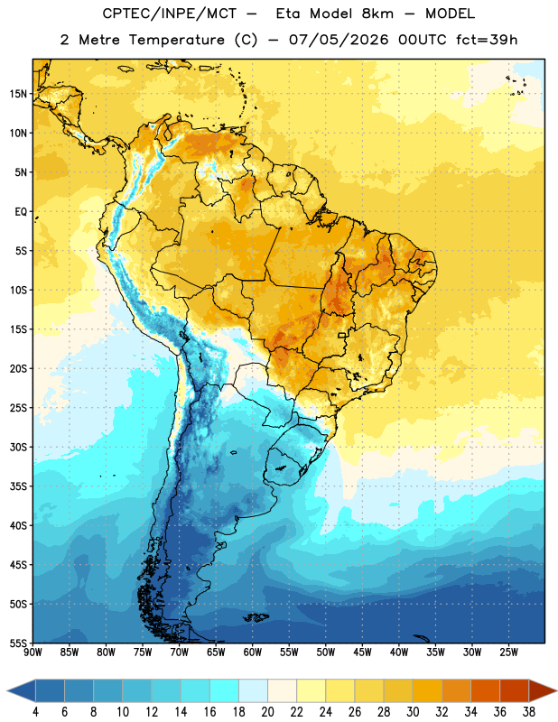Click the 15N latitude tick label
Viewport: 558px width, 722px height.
click(18, 94)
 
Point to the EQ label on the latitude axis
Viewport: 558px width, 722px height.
click(21, 212)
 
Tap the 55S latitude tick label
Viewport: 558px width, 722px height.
click(18, 643)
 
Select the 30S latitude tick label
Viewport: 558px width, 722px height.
click(18, 447)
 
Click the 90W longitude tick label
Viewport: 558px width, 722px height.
click(33, 652)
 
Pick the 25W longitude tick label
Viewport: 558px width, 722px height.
click(508, 652)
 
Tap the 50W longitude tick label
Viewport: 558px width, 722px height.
click(326, 652)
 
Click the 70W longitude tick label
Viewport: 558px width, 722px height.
click(180, 652)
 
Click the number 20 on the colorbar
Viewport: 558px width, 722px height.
click(267, 712)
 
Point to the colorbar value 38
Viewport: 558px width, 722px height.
click(528, 712)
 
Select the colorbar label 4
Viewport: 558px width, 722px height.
click(35, 712)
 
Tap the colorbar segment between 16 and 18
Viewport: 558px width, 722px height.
click(224, 690)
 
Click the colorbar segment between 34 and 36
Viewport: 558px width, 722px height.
click(485, 690)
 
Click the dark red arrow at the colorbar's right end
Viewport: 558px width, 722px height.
click(541, 690)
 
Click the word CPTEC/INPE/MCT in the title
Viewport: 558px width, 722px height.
click(169, 14)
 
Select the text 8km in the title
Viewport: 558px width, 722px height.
click(377, 14)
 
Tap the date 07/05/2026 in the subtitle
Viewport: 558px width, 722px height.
click(339, 40)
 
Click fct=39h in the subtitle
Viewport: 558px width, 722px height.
click(487, 40)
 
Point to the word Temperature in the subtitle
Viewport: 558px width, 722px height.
click(176, 40)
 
